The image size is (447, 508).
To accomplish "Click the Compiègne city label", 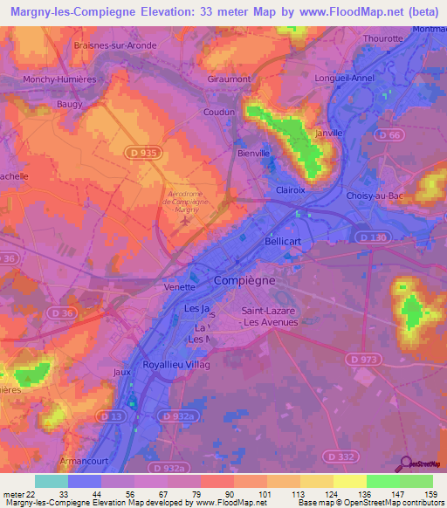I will (x=245, y=281).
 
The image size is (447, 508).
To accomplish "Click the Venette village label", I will (x=180, y=286).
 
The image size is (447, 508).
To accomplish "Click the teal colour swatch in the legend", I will (x=51, y=481).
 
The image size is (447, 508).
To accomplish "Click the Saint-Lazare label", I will (x=270, y=311).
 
